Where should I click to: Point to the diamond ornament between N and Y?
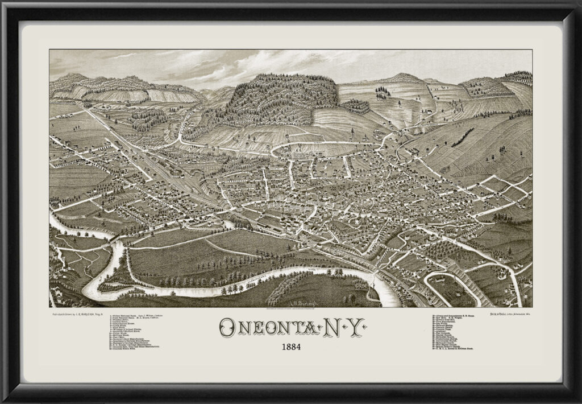tap(341, 328)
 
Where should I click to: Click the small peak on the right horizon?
tap(403, 76)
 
